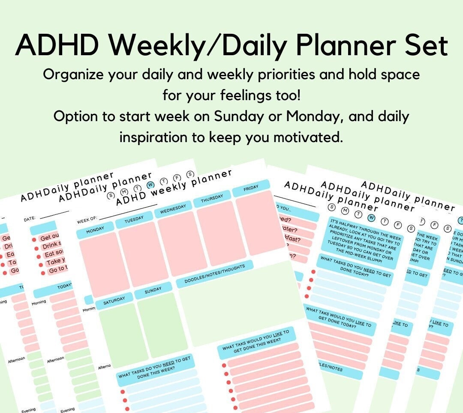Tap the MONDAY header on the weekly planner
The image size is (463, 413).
pyautogui.click(x=95, y=230)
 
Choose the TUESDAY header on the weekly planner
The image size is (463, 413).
pyautogui.click(x=134, y=220)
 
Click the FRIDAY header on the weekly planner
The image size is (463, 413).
pyautogui.click(x=251, y=188)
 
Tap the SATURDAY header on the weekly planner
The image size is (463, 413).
pyautogui.click(x=114, y=300)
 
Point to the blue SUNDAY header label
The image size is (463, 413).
pyautogui.click(x=153, y=291)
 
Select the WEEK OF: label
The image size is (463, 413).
pyautogui.click(x=87, y=221)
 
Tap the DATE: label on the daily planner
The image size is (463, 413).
pyautogui.click(x=30, y=219)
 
